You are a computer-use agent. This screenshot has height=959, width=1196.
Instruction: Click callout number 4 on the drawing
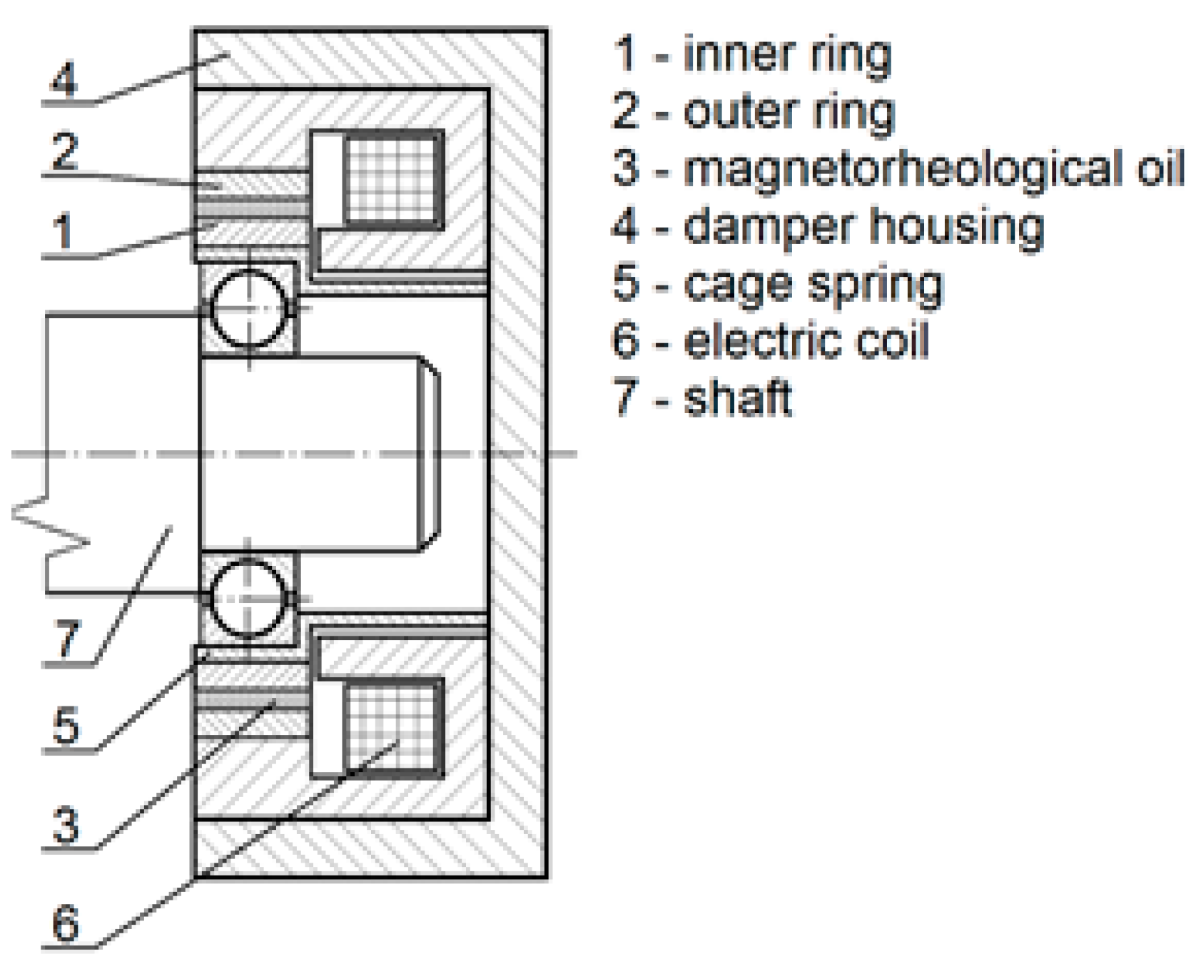click(x=64, y=78)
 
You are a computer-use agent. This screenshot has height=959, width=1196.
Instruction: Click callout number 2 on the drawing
click(x=65, y=151)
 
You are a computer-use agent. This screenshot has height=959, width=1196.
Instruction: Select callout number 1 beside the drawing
click(x=63, y=231)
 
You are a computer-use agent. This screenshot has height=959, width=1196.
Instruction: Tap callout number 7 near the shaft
click(x=66, y=637)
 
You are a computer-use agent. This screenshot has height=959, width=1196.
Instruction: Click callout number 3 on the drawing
click(x=66, y=825)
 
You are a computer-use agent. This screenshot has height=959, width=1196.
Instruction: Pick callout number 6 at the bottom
click(x=66, y=923)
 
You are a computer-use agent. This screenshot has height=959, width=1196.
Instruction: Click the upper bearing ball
click(x=248, y=308)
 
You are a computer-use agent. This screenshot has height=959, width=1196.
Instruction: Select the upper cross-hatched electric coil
click(x=392, y=178)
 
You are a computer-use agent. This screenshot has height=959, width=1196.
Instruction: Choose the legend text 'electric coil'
click(x=806, y=341)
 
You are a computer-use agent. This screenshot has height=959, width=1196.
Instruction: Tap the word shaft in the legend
click(x=738, y=398)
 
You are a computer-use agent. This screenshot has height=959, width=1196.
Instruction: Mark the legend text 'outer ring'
click(x=789, y=112)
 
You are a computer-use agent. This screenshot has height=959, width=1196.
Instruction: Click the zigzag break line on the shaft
click(x=50, y=524)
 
